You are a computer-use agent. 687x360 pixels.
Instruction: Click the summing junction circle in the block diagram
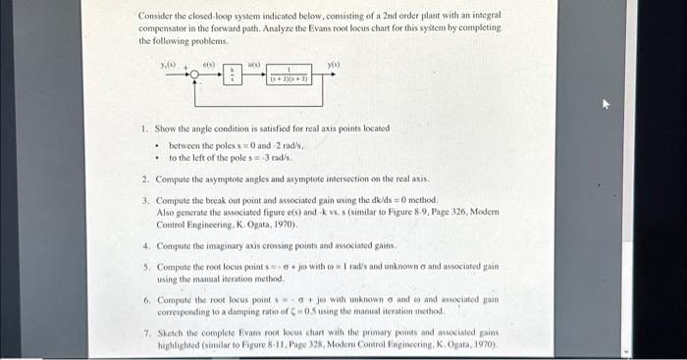pos(196,75)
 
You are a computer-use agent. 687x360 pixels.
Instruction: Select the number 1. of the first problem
pos(144,129)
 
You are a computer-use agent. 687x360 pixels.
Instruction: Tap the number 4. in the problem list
pos(145,245)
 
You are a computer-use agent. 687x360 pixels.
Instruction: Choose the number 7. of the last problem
pos(145,333)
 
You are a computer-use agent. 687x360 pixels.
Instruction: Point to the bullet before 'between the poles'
pos(156,144)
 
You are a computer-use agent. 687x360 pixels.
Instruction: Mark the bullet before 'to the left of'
pos(156,157)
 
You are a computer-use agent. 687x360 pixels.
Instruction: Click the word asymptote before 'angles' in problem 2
pos(235,180)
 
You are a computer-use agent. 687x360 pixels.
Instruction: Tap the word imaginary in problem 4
pos(225,245)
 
